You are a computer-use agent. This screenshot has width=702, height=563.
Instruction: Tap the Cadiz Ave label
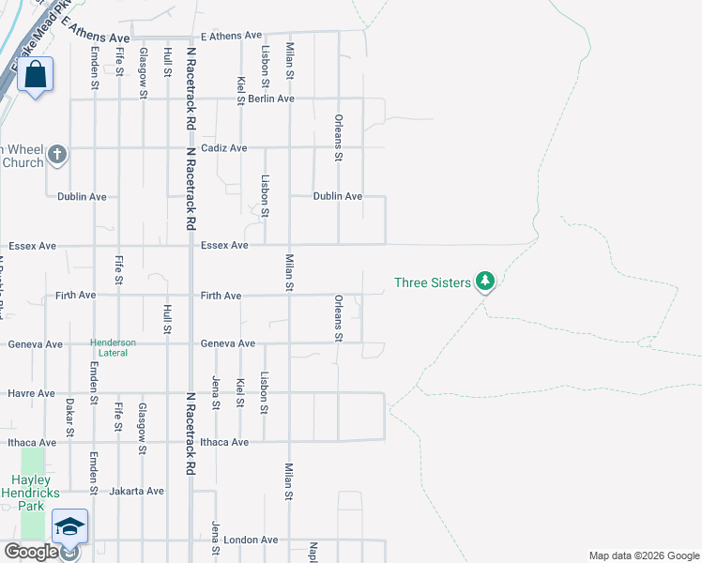point(224,148)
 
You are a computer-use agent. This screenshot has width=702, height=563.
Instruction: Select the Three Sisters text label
point(432,282)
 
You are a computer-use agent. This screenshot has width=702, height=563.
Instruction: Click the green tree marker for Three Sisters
point(484,281)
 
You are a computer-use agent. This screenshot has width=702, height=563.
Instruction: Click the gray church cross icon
point(57,154)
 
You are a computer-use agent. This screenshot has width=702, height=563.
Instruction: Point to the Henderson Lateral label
point(113,347)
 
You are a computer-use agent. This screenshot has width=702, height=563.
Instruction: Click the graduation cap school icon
point(69,527)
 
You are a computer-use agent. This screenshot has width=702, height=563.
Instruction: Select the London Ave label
point(256,540)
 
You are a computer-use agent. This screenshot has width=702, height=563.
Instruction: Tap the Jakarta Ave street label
point(136,491)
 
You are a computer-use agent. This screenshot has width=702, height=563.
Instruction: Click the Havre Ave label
point(31,393)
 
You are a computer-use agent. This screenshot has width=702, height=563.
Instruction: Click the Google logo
point(30,552)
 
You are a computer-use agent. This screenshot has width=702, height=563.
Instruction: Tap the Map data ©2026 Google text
point(643,555)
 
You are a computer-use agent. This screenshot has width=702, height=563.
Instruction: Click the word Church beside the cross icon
point(23,162)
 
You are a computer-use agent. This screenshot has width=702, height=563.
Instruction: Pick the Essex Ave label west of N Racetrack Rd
point(32,246)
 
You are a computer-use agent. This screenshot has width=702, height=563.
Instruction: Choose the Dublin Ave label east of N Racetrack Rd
point(337,196)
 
